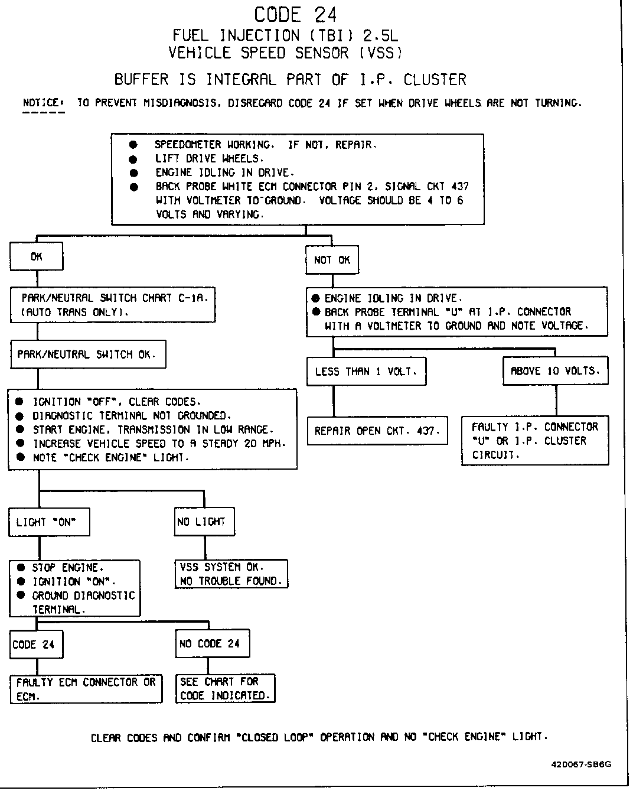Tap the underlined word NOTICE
41,103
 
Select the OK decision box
37,257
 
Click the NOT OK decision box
332,260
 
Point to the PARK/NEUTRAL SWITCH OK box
87,354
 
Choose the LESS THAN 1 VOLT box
366,372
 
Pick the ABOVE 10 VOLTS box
555,371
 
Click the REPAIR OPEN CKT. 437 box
377,431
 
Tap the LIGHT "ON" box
49,522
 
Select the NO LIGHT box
204,522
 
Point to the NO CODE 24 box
213,643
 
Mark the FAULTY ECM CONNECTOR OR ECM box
86,689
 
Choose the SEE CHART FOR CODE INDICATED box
226,689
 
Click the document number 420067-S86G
581,764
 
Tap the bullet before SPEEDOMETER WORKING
133,145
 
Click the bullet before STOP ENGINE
21,568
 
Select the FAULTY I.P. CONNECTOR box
535,441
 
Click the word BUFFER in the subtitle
142,79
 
